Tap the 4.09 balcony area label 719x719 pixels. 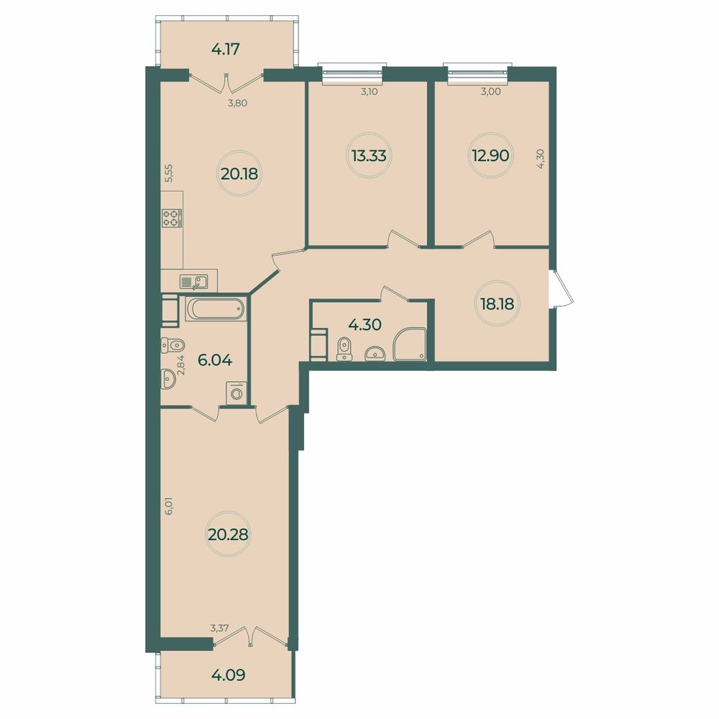tap(227, 676)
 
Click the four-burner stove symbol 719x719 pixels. tap(173, 218)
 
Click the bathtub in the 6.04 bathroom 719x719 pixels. tap(215, 310)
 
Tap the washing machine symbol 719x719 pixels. tap(236, 393)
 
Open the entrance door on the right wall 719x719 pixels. tap(561, 288)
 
